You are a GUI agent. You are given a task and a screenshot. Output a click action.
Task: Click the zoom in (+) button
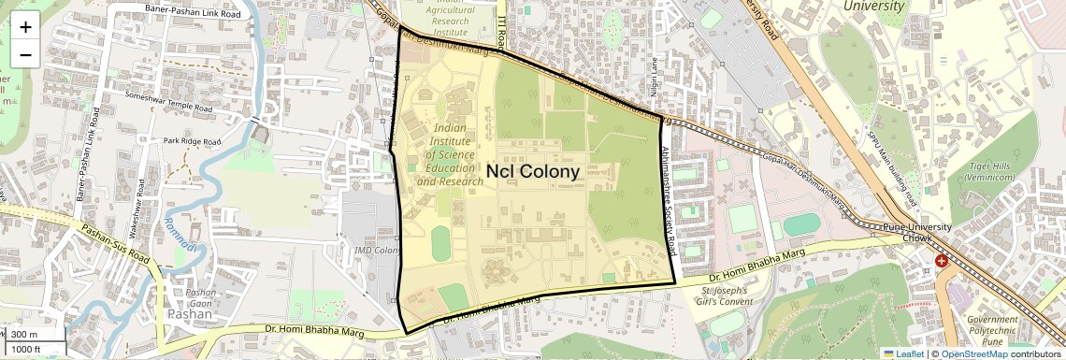coord(25,27)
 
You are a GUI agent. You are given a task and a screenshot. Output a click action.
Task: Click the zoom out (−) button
coord(25,54)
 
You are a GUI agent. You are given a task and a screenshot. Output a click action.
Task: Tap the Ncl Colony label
coord(533,171)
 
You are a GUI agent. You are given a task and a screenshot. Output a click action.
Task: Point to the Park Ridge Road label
coord(192,141)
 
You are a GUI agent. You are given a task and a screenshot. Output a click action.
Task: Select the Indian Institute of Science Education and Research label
coord(450,154)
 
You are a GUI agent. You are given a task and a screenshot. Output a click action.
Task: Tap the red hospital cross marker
coord(941,261)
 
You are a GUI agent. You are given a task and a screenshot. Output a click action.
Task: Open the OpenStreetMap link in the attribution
coord(974,353)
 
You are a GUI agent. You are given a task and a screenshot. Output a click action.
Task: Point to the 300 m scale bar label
coord(25,335)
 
